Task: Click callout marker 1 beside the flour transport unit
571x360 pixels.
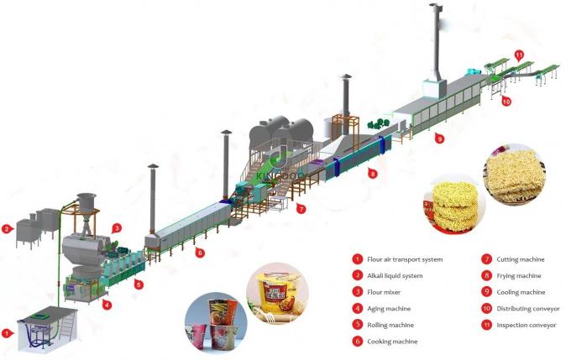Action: (8, 333)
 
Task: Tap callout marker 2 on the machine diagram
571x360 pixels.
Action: (7, 227)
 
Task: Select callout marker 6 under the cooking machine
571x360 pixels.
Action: (200, 252)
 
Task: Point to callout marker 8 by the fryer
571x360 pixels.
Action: (373, 174)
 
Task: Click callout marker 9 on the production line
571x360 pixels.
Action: (438, 138)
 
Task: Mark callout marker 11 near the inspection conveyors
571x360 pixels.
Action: (520, 55)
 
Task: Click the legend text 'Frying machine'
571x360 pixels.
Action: (521, 275)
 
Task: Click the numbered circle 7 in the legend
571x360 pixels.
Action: (486, 259)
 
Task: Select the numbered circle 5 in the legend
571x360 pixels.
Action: (357, 325)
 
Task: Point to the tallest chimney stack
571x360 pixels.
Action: (434, 42)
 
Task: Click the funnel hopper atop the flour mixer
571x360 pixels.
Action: (87, 206)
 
